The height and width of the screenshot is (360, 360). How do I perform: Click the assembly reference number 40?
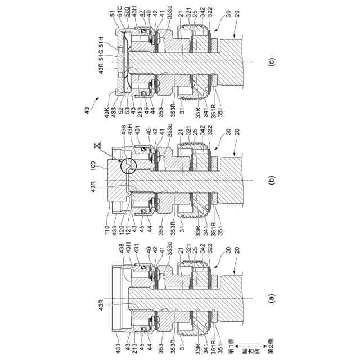click(x=87, y=111)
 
